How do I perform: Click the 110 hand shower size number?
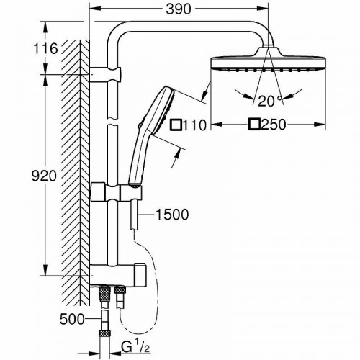click(x=194, y=125)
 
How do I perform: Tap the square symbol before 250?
click(x=253, y=125)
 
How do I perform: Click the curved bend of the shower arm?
click(x=117, y=32)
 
